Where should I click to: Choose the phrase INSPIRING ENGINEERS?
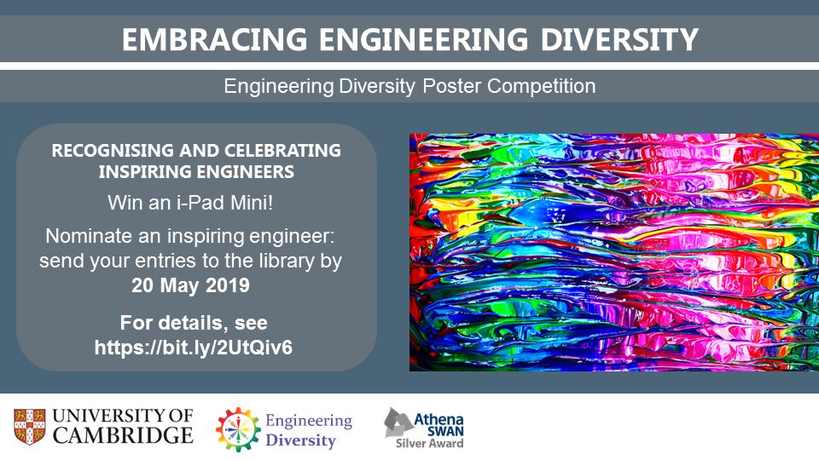[x=196, y=172]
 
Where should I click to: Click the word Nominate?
[x=84, y=235]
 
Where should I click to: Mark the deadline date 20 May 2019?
[x=190, y=285]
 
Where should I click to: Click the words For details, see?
[x=194, y=324]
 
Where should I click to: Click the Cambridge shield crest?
[x=27, y=426]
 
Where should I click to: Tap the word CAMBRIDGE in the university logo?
[x=122, y=436]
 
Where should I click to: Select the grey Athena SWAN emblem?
[x=397, y=422]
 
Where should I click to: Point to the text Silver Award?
[x=429, y=443]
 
